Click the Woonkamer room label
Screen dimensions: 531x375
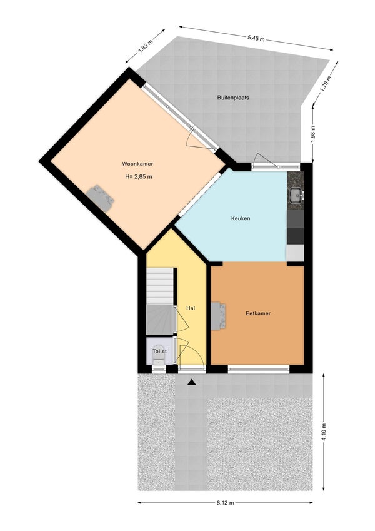click(137, 164)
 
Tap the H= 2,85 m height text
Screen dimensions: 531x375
click(139, 176)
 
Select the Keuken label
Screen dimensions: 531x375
click(241, 218)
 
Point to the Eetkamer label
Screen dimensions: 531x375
click(258, 313)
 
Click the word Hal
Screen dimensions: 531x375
click(191, 308)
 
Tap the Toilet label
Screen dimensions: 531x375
click(159, 352)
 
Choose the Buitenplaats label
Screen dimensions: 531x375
click(234, 98)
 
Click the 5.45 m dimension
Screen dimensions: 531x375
click(256, 38)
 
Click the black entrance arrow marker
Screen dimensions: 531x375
click(191, 381)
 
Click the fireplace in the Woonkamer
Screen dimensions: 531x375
click(101, 198)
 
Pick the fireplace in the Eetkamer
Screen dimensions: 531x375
click(219, 315)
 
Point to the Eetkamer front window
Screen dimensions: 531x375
click(258, 369)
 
